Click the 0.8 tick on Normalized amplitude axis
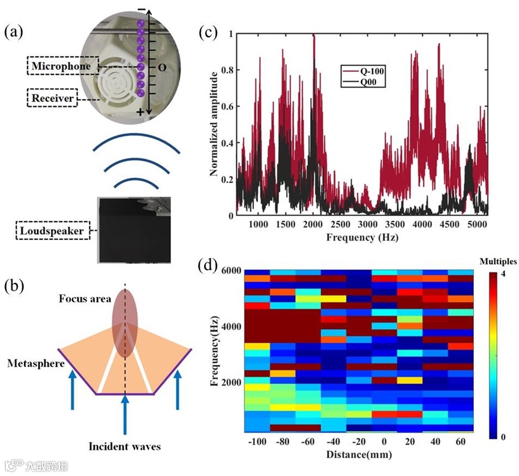226,70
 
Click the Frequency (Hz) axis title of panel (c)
362,237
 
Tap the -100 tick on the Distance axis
257,442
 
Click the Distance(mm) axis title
359,454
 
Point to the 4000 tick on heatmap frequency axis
230,326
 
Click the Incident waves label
125,446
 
